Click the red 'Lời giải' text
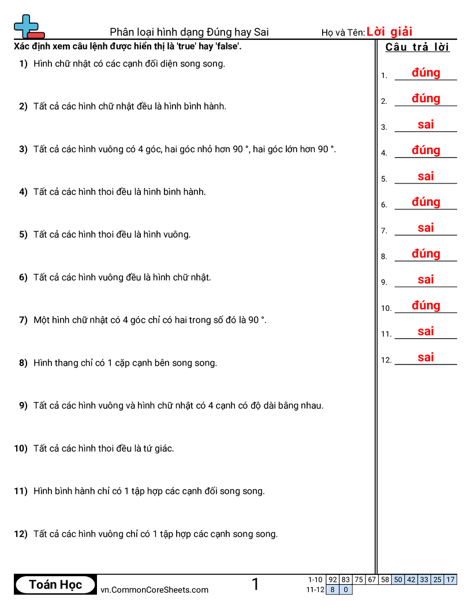[389, 32]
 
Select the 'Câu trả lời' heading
[417, 47]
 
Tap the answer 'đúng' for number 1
[426, 73]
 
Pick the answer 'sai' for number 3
[426, 125]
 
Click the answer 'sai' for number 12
[426, 358]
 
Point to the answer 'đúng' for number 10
[426, 306]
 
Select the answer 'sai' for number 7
[426, 228]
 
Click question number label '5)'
[23, 235]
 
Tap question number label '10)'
[21, 448]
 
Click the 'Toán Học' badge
[55, 585]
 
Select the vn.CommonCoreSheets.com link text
[155, 589]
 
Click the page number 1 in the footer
[255, 585]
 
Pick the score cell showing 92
[332, 580]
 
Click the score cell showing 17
[451, 580]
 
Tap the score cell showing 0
[346, 589]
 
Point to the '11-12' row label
[315, 589]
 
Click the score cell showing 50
[398, 580]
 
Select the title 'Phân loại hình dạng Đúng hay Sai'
[189, 32]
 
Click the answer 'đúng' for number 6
[426, 202]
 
